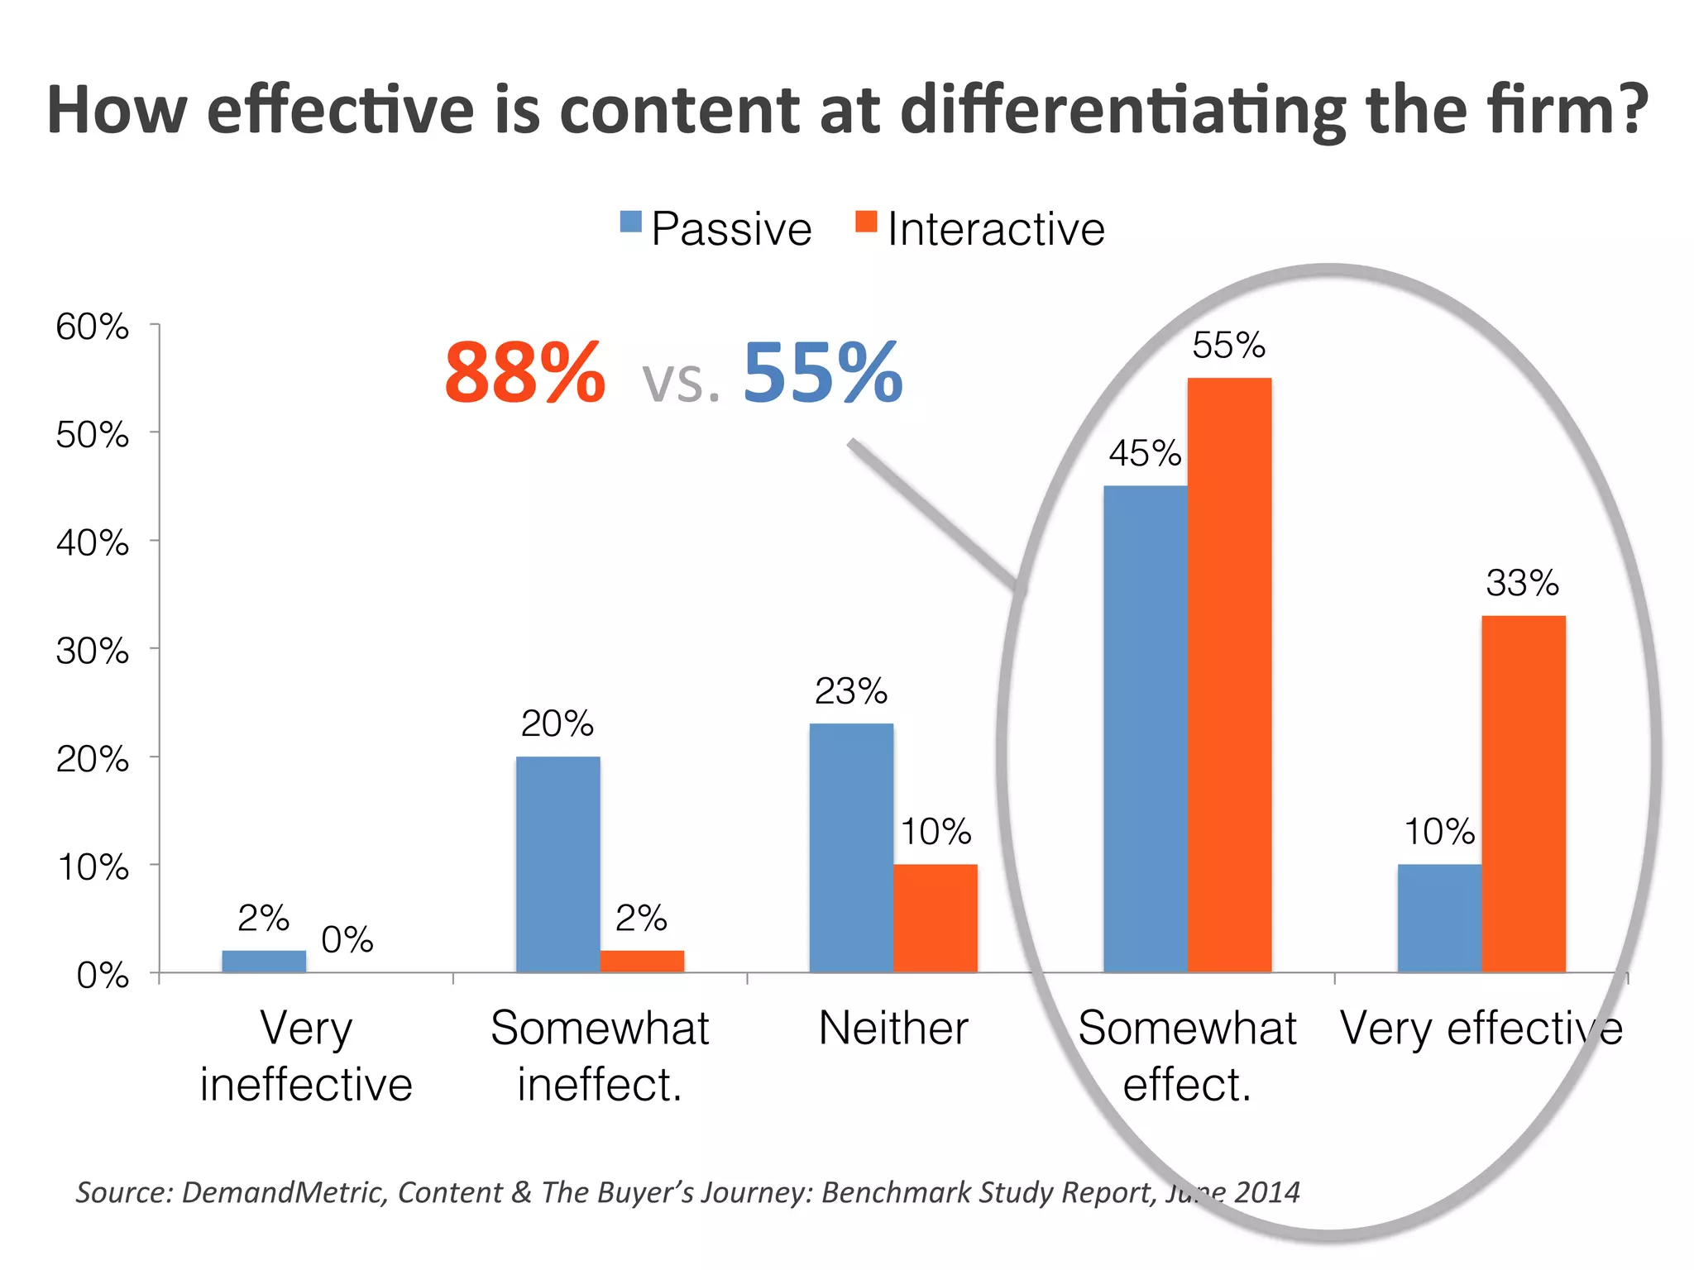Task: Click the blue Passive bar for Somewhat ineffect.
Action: click(x=557, y=864)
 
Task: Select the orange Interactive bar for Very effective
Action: click(x=1523, y=794)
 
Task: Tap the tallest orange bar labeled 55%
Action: click(x=1229, y=674)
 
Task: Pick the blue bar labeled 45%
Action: click(x=1145, y=728)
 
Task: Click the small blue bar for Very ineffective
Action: click(x=264, y=962)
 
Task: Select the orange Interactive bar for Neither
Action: click(x=935, y=918)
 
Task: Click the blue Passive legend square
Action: click(x=631, y=222)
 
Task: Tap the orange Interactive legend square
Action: click(x=866, y=222)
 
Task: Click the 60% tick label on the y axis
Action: click(x=93, y=327)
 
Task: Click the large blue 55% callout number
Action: click(x=822, y=374)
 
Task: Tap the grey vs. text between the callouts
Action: click(x=681, y=382)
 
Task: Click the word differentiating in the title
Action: click(x=1124, y=111)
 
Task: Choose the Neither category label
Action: click(x=893, y=1029)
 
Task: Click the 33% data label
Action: click(x=1522, y=583)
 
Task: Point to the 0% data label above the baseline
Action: click(x=347, y=940)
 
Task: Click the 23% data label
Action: click(x=851, y=691)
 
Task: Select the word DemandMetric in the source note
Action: click(x=283, y=1192)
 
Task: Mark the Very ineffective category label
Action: click(x=306, y=1057)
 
